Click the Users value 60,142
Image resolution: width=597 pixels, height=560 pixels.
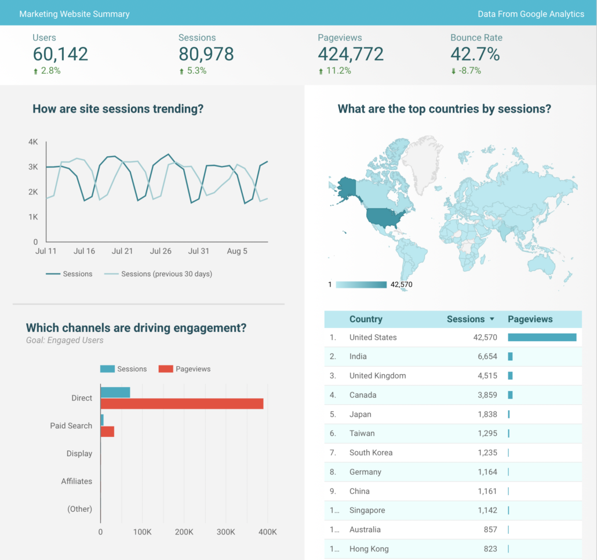pyautogui.click(x=60, y=54)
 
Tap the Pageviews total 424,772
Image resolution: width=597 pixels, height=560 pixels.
pyautogui.click(x=351, y=54)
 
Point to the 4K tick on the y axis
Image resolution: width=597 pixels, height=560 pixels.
pyautogui.click(x=33, y=142)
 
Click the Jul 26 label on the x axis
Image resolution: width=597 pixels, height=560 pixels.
pyautogui.click(x=161, y=251)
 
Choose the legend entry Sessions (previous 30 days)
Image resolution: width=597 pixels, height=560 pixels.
pyautogui.click(x=166, y=274)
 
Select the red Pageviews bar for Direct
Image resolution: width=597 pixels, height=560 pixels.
pyautogui.click(x=181, y=403)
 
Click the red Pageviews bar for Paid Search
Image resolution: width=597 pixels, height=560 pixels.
pyautogui.click(x=107, y=431)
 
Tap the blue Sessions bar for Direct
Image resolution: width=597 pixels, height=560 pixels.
pyautogui.click(x=115, y=392)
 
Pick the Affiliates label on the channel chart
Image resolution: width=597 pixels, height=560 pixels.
pyautogui.click(x=77, y=481)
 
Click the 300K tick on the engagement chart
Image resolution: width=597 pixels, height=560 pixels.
pyautogui.click(x=225, y=532)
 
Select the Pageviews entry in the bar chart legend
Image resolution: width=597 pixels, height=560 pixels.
pyautogui.click(x=192, y=369)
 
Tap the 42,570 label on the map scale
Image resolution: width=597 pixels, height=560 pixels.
pyautogui.click(x=401, y=285)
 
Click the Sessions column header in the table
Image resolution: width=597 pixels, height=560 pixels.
pyautogui.click(x=465, y=319)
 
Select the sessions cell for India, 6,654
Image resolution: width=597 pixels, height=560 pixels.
pyautogui.click(x=487, y=356)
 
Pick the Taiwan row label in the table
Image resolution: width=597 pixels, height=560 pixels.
pyautogui.click(x=362, y=433)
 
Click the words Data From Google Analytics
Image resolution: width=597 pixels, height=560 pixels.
pyautogui.click(x=530, y=14)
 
